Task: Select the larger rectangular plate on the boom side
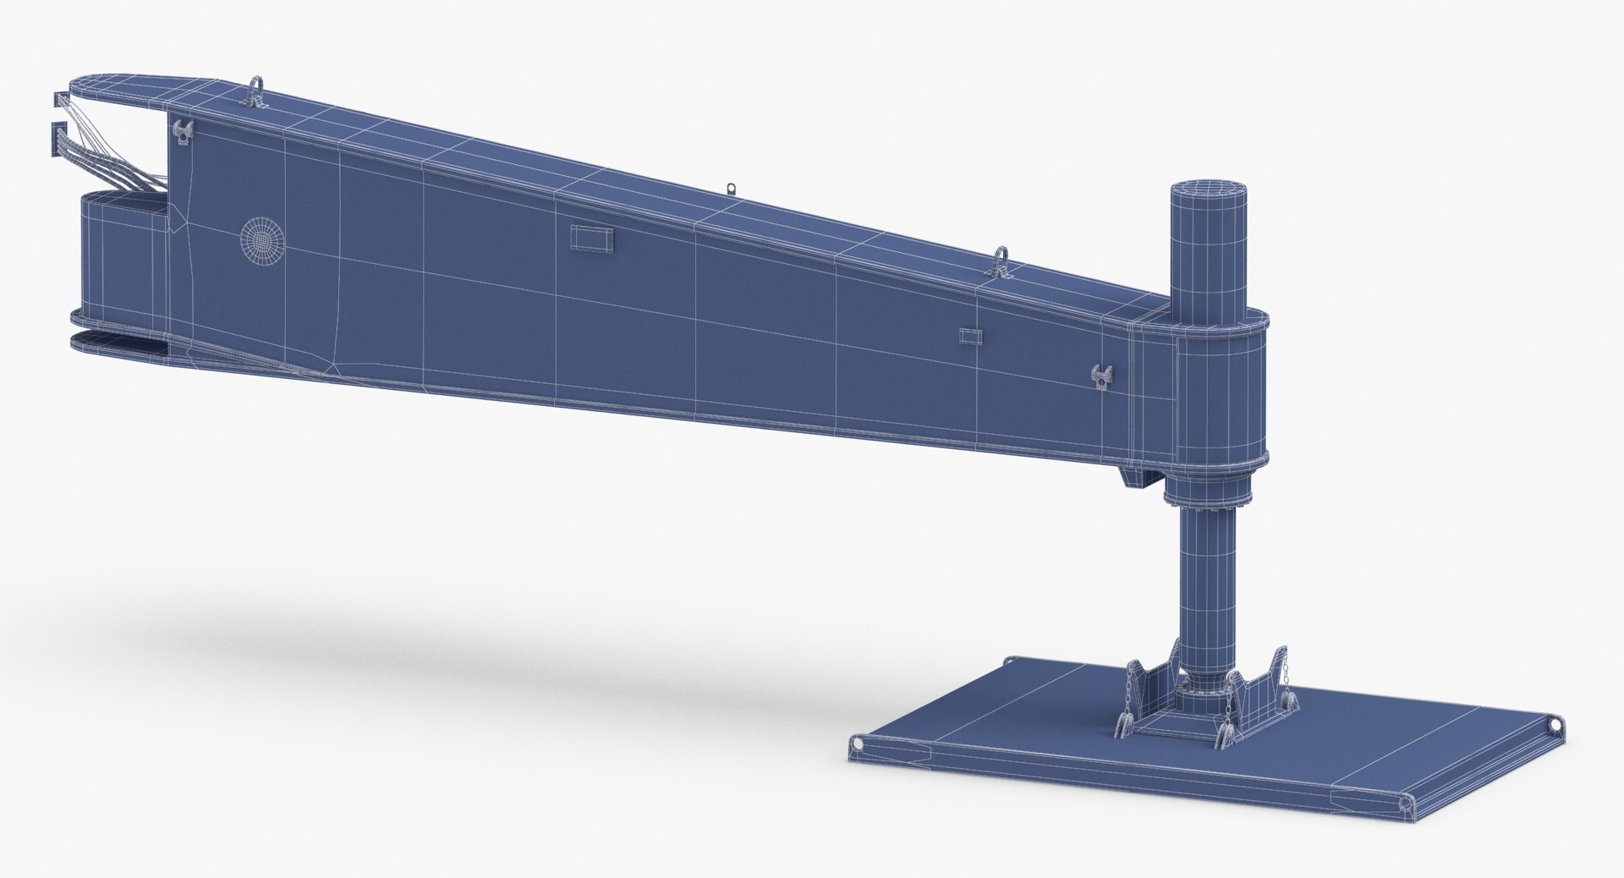click(x=590, y=238)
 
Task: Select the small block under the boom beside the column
click(x=1138, y=479)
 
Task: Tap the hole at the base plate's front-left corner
click(x=859, y=744)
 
